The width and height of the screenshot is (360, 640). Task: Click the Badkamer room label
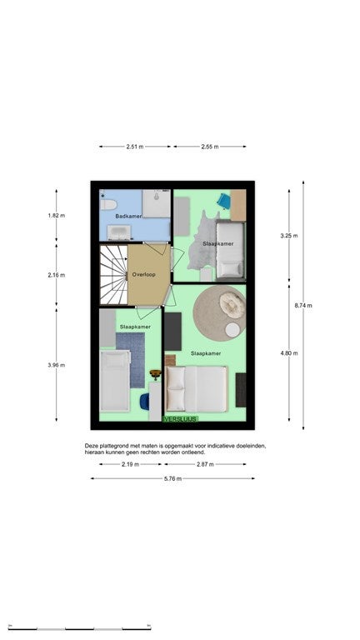tap(128, 216)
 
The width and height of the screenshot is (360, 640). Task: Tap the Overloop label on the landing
tap(143, 275)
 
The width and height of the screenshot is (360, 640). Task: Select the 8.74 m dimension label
tap(303, 305)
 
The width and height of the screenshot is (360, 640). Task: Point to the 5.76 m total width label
tap(172, 479)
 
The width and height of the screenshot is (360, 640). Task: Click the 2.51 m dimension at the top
tap(135, 147)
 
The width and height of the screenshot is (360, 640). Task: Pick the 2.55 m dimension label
tap(210, 147)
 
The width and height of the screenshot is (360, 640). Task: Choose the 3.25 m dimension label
tap(289, 236)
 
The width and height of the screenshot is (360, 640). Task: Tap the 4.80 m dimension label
tap(289, 353)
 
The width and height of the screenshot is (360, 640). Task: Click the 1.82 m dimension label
tap(57, 216)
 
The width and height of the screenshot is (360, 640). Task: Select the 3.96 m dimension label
tap(57, 365)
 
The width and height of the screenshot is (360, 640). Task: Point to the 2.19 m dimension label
tap(130, 464)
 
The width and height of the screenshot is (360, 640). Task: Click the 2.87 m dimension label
tap(205, 464)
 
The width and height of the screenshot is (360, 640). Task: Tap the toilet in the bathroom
tap(108, 204)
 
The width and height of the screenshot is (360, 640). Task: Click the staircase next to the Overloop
tap(114, 275)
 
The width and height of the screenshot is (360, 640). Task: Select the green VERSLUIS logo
tap(180, 419)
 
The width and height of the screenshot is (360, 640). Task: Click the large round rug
tap(220, 312)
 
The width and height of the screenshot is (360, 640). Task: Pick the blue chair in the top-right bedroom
tap(223, 201)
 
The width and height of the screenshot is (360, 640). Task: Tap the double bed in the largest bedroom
tap(197, 389)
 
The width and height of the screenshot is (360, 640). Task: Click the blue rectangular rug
tap(130, 360)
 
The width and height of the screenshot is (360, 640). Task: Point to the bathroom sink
tap(119, 232)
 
